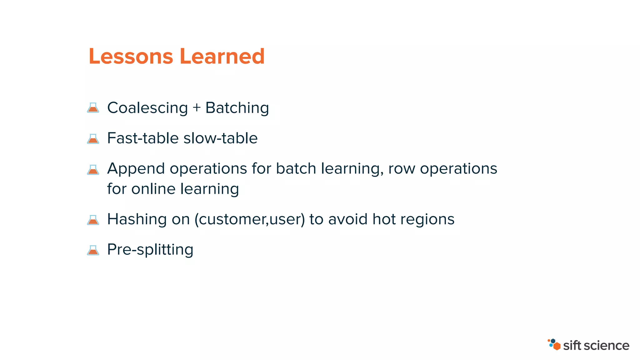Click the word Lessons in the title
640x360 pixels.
click(x=131, y=57)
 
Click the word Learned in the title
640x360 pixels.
click(x=222, y=57)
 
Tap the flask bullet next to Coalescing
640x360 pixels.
click(x=93, y=108)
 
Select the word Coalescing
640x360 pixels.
click(x=147, y=108)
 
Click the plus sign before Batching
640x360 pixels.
click(x=197, y=108)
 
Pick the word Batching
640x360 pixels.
click(x=237, y=108)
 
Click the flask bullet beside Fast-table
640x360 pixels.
click(x=93, y=138)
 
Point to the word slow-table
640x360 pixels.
click(x=221, y=138)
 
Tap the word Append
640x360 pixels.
click(x=136, y=169)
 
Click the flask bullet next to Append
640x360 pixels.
click(x=93, y=170)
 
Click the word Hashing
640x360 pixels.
click(x=137, y=219)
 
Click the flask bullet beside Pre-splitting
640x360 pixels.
click(x=93, y=250)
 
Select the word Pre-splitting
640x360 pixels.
click(x=150, y=250)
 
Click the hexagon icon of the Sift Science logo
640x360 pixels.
click(x=554, y=344)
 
